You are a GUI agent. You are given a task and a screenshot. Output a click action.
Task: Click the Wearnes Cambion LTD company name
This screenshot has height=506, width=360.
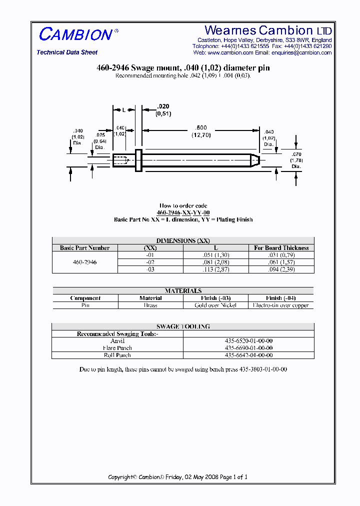pos(268,30)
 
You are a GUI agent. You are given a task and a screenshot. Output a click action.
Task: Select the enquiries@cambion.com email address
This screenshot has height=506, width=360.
pos(301,52)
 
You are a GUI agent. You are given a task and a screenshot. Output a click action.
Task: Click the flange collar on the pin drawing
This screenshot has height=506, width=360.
pos(138,160)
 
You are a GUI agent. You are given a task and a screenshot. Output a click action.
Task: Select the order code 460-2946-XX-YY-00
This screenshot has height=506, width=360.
pos(183,212)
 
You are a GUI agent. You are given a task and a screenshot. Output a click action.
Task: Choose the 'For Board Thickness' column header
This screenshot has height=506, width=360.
pos(281,248)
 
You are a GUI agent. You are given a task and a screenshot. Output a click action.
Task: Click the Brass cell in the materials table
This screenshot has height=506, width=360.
pos(150,305)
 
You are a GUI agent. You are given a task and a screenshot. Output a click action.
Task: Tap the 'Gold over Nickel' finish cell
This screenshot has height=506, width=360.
pos(215,305)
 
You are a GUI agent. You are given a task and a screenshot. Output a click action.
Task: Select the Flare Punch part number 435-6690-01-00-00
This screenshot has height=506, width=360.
pos(248,348)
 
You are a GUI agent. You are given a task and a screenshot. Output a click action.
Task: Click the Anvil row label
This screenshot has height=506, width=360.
pos(117,341)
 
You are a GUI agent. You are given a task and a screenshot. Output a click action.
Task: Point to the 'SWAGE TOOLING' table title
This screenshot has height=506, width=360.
pos(183,326)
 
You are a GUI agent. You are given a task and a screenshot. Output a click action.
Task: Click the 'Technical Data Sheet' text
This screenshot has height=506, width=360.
pos(67,52)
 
